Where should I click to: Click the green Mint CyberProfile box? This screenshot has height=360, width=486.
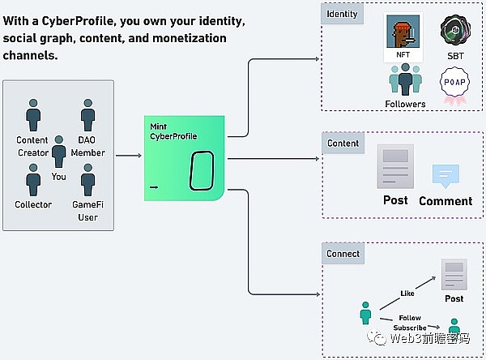coord(185,157)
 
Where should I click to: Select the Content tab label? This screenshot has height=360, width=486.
coord(343,144)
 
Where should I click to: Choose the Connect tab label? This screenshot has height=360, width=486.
coord(343,254)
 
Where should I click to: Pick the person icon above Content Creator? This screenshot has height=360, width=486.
coord(33,115)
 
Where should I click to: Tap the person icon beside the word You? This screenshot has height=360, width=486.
coord(58,156)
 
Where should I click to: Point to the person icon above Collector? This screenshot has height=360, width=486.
coord(33,179)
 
